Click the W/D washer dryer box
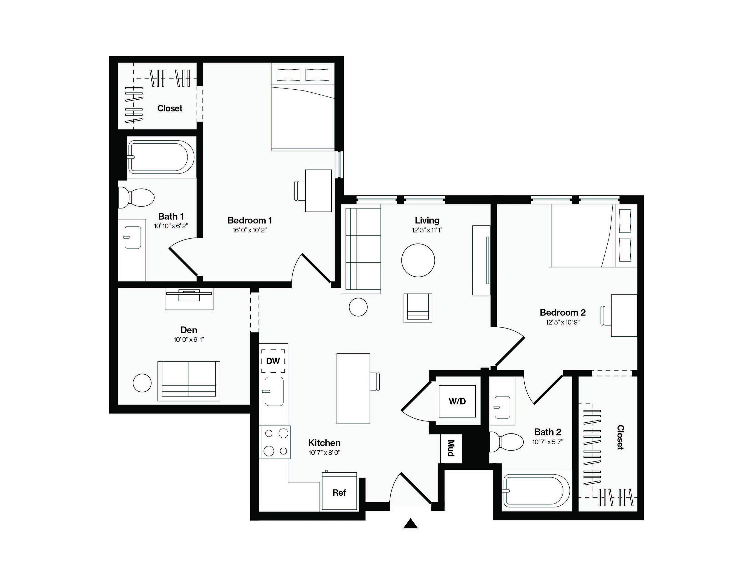coord(457,401)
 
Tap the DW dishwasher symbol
coord(273,361)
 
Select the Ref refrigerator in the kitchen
coord(339,492)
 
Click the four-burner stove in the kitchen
coord(275,442)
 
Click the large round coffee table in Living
coord(418,260)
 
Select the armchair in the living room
coord(418,308)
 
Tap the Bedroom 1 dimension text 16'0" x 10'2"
coord(250,230)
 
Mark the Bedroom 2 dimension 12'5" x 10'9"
coord(563,322)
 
